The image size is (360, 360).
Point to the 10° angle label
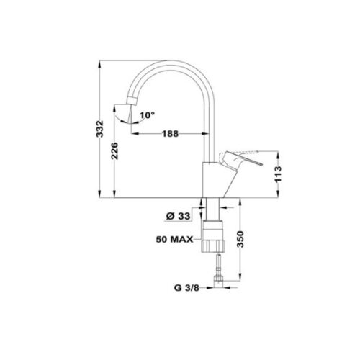click(147, 114)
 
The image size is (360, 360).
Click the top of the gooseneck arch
click(174, 64)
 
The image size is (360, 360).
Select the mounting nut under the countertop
click(214, 239)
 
